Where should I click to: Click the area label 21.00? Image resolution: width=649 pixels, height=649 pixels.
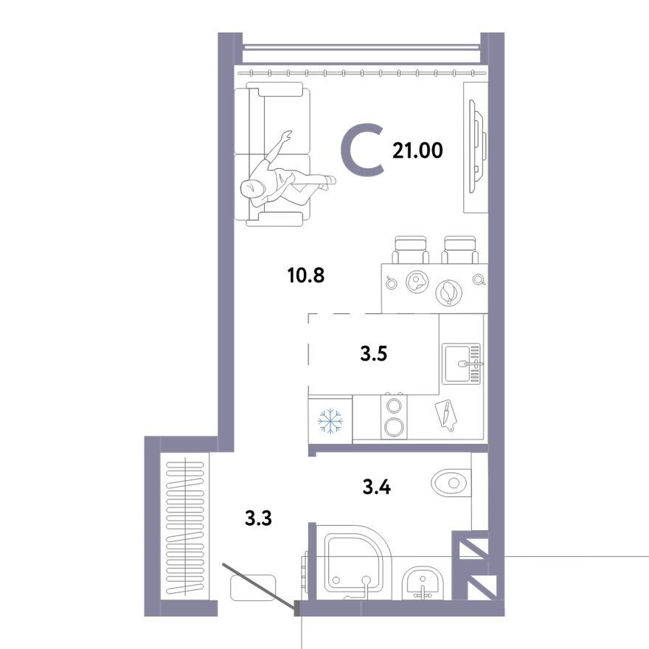tap(417, 150)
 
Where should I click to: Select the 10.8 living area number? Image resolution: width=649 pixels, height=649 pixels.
tap(306, 275)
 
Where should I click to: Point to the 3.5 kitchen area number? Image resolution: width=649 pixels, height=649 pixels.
tap(374, 354)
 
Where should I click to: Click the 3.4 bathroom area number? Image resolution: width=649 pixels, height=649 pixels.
tap(377, 487)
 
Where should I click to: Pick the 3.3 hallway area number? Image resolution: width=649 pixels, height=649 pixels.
tap(258, 518)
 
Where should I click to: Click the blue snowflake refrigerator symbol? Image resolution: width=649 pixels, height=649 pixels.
tap(330, 421)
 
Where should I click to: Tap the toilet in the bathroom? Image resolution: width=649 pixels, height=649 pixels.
tap(451, 482)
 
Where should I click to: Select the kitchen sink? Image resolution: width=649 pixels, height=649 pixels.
tap(462, 364)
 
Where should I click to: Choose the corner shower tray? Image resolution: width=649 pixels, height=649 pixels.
tap(358, 563)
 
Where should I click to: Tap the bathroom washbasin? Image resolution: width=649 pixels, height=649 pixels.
tap(423, 583)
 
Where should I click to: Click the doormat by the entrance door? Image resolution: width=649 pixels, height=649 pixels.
tap(253, 588)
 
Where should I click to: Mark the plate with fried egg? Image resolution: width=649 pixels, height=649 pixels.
tap(417, 282)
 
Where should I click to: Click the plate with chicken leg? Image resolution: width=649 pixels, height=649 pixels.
tap(448, 293)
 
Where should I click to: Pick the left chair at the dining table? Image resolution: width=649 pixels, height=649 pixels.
tap(411, 249)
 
